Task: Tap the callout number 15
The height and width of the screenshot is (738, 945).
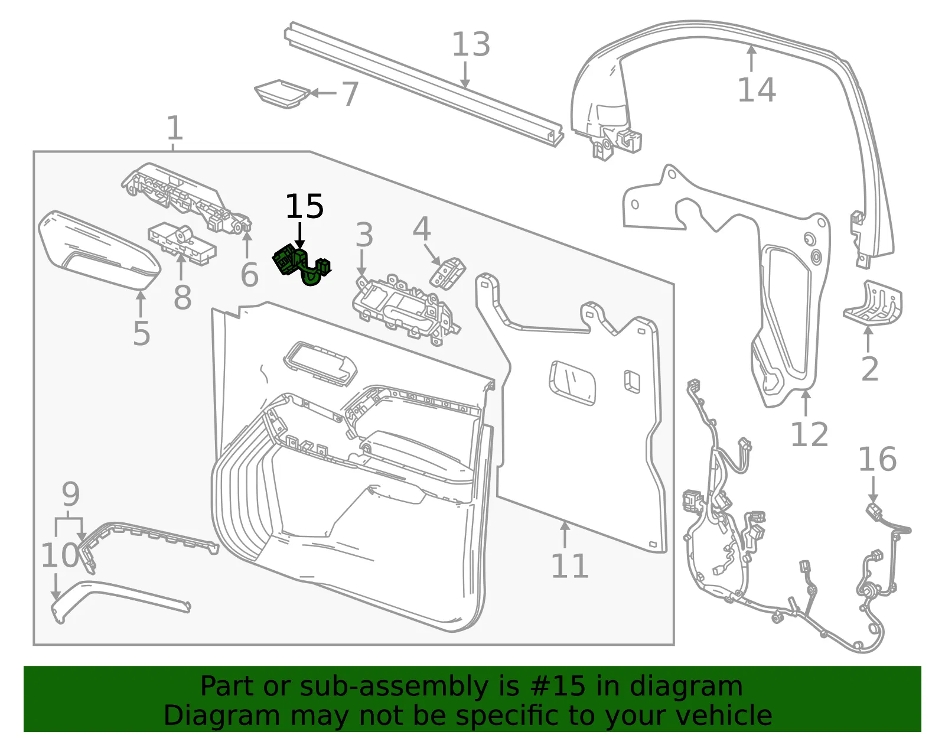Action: (304, 206)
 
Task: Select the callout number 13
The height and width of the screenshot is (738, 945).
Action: (471, 44)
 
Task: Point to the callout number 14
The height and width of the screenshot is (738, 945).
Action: (757, 90)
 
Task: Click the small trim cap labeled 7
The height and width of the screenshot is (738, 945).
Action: (282, 93)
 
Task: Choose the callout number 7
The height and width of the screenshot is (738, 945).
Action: (350, 94)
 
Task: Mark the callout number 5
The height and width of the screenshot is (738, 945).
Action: (142, 333)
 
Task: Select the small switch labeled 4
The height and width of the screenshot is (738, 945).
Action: (448, 272)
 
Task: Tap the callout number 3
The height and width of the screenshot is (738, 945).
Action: (364, 235)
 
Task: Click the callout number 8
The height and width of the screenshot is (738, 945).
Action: (183, 297)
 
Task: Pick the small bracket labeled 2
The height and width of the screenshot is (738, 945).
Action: (873, 303)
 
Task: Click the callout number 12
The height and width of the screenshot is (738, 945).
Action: (809, 434)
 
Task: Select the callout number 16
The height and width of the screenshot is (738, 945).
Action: (878, 459)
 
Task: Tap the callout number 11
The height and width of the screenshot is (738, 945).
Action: (570, 566)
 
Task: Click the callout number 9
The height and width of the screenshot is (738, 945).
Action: (70, 494)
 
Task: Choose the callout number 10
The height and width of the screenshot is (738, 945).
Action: (60, 555)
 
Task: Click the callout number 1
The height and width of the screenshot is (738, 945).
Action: (175, 128)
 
